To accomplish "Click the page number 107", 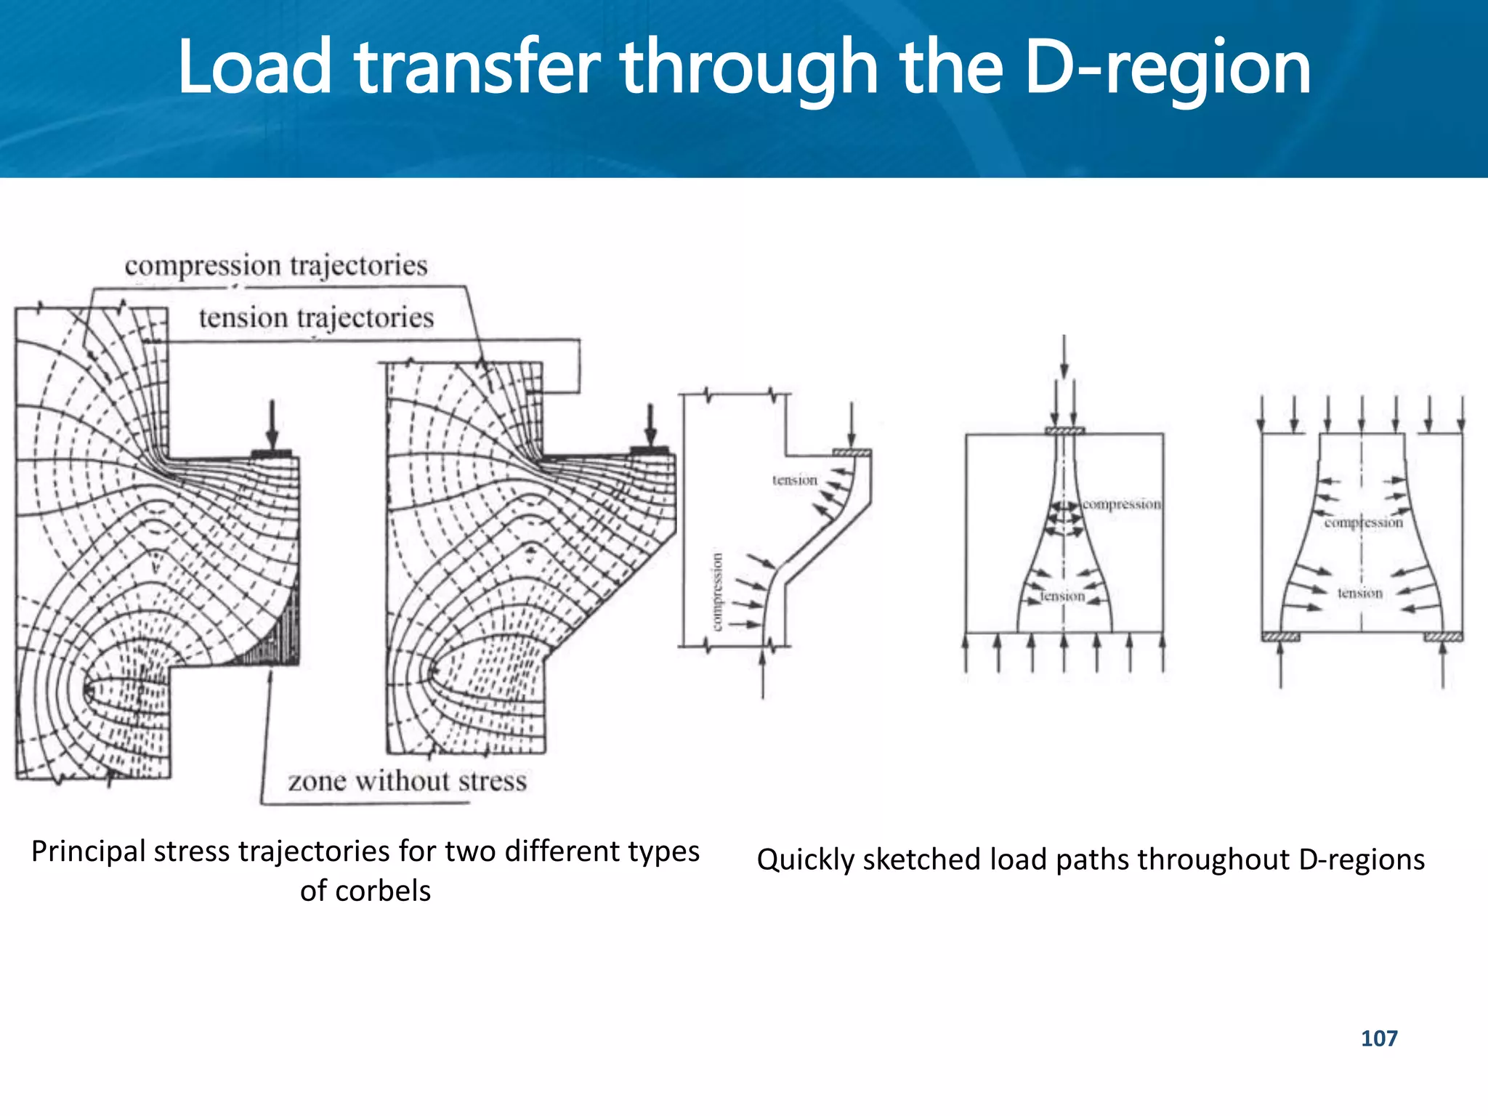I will pyautogui.click(x=1378, y=1038).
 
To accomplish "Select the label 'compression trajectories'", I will pyautogui.click(x=276, y=265).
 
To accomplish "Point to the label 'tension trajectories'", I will pyautogui.click(x=316, y=318).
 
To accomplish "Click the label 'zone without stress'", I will pyautogui.click(x=407, y=781).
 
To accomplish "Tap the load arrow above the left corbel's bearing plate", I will pyautogui.click(x=272, y=425).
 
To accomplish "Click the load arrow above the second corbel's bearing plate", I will pyautogui.click(x=650, y=425).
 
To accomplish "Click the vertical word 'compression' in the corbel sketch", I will pyautogui.click(x=717, y=591).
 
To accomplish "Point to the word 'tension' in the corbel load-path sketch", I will pyautogui.click(x=794, y=480).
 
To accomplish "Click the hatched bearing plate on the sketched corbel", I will pyautogui.click(x=852, y=453).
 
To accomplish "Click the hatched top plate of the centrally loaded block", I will pyautogui.click(x=1064, y=431).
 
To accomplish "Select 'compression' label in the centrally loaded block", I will pyautogui.click(x=1121, y=504).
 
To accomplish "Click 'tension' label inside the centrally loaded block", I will pyautogui.click(x=1062, y=597).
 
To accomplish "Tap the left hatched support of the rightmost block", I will pyautogui.click(x=1280, y=638).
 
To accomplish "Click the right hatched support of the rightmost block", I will pyautogui.click(x=1443, y=638).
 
